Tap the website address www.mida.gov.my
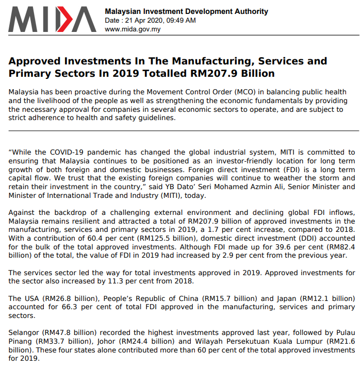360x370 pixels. (133, 29)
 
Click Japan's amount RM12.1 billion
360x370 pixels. (325, 298)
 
